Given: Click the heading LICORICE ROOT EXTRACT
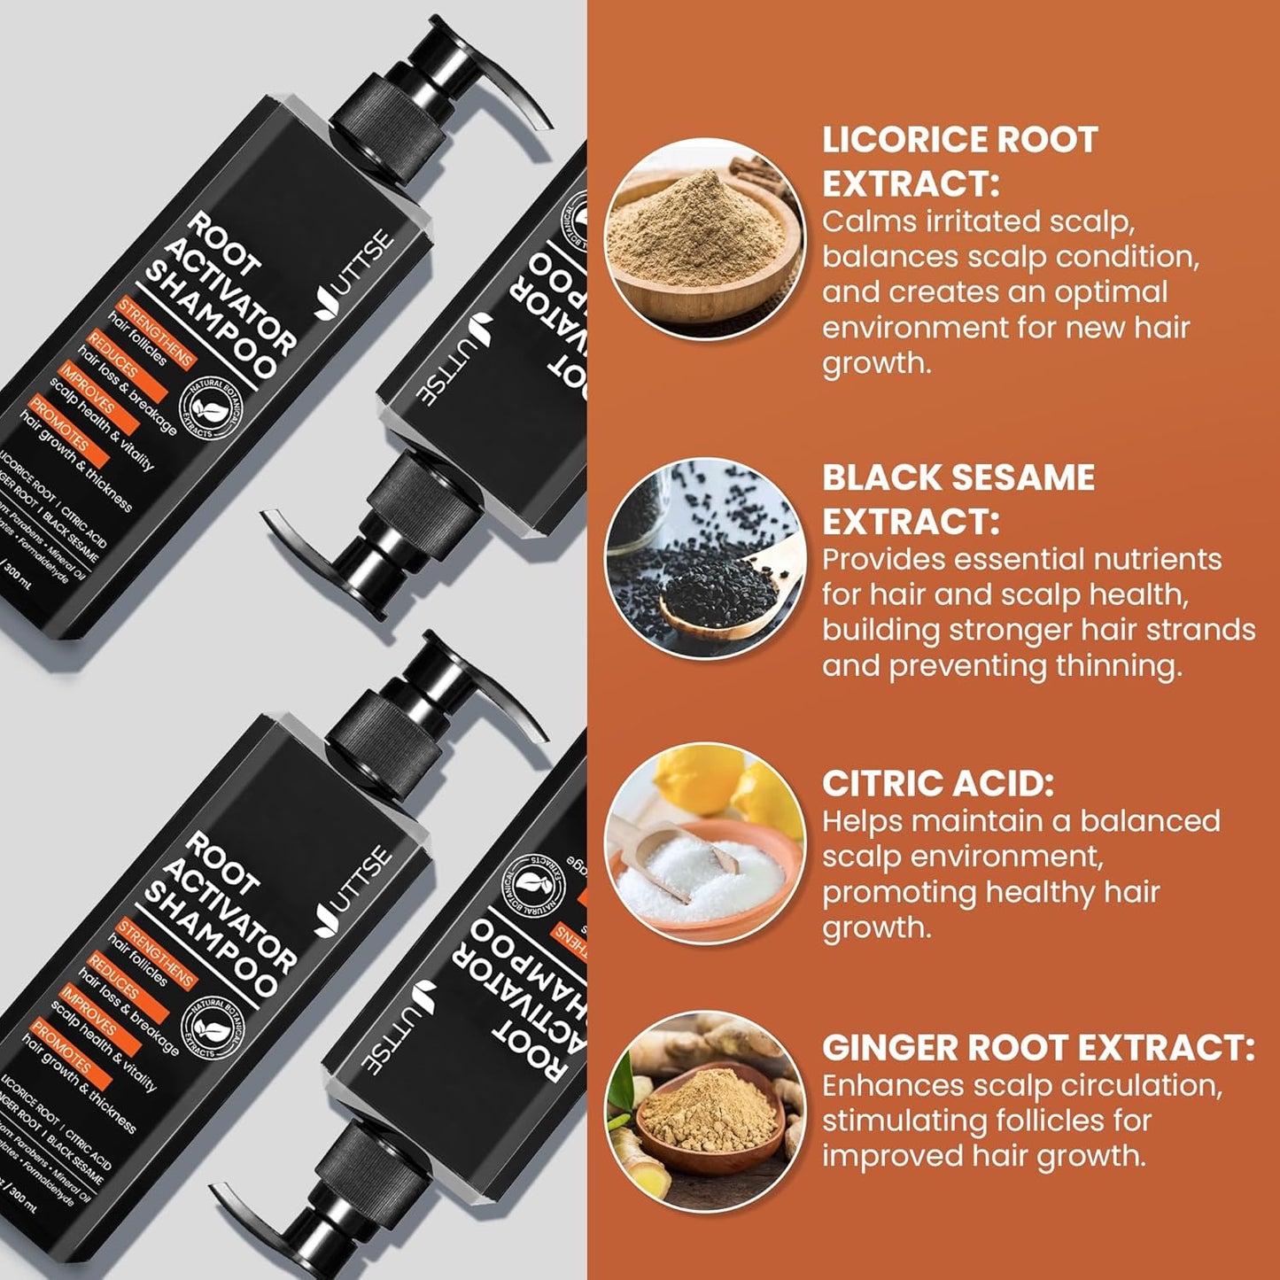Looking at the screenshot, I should click(x=959, y=161).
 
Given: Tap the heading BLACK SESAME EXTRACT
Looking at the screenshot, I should click(x=958, y=499).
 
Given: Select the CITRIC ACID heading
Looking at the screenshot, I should click(x=937, y=783).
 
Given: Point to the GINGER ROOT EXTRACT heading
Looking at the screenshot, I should click(x=1037, y=1047).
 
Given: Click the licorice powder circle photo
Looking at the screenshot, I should click(x=705, y=239).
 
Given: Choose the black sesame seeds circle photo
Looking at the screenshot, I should click(x=705, y=558).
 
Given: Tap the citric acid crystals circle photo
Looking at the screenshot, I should click(x=705, y=842).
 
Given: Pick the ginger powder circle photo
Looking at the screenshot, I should click(x=705, y=1113).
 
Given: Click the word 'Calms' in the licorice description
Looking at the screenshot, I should click(x=868, y=221).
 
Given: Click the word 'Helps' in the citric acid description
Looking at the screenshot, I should click(x=861, y=821).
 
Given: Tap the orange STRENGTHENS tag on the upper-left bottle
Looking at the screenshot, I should click(x=156, y=333).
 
